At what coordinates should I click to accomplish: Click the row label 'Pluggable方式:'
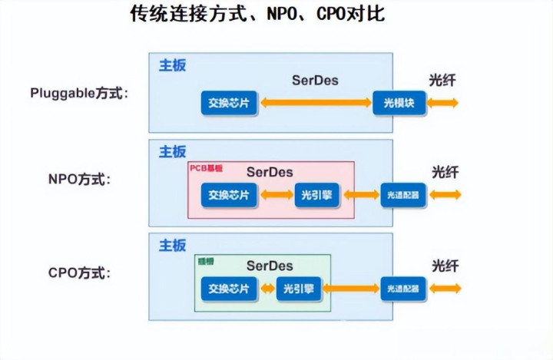pos(79,93)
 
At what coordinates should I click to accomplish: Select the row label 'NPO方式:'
pos(79,180)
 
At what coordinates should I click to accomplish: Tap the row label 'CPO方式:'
pos(79,272)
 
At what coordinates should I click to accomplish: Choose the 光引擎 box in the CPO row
pos(299,289)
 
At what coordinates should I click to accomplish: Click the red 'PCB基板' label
pos(205,167)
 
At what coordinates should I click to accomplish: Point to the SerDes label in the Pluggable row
pos(315,80)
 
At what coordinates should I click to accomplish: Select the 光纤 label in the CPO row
pos(445,266)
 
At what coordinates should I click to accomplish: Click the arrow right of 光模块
pos(444,102)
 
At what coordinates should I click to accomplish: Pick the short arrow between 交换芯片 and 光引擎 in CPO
pos(267,289)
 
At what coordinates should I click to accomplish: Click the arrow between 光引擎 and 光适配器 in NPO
pos(361,195)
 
